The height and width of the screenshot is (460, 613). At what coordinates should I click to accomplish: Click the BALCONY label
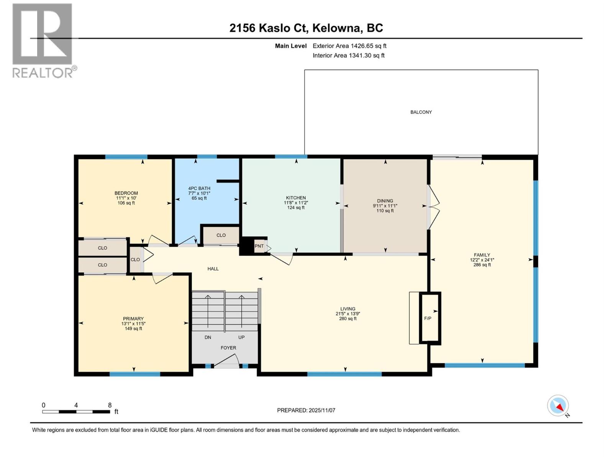point(421,112)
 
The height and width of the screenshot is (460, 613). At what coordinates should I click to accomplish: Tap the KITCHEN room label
point(296,198)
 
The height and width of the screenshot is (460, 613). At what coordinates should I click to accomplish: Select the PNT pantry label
point(259,246)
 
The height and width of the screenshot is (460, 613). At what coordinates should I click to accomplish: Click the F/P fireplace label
point(428,318)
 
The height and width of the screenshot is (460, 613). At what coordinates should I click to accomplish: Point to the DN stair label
point(208,337)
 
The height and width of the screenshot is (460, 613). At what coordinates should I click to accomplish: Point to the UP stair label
point(241,337)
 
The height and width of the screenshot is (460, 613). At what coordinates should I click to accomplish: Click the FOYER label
point(228,348)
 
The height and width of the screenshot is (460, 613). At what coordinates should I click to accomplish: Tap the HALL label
point(213,269)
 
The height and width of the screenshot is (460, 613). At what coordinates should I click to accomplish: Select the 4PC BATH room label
point(199,188)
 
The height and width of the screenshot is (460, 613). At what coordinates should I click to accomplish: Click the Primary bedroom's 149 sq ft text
point(133,329)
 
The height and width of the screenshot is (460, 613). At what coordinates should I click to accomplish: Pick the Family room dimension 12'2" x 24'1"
point(482,260)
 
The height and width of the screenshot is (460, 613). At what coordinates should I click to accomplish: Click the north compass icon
point(558,406)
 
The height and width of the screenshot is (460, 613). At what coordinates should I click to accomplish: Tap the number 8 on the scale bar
point(110,405)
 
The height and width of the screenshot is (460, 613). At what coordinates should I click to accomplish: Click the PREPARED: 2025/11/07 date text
point(306,410)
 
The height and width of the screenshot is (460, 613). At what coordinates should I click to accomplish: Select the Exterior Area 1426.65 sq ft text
point(349,46)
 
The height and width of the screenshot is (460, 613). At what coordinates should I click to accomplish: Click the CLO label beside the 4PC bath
point(221,235)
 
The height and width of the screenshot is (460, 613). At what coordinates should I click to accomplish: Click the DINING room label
point(385,201)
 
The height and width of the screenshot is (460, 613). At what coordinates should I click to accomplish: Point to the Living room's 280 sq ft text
point(347,319)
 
